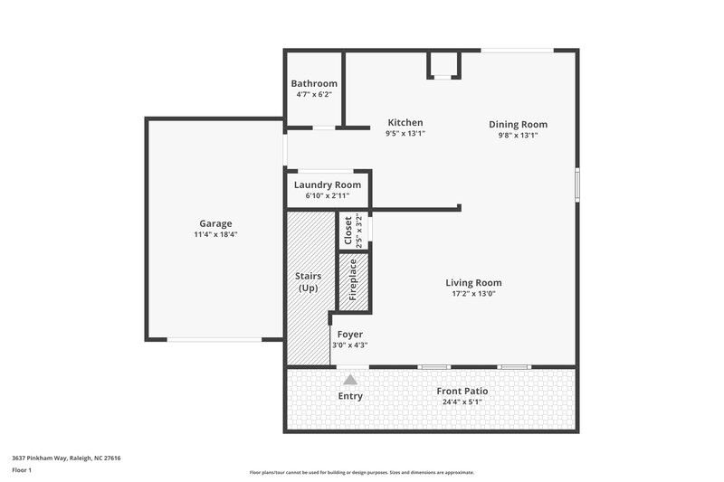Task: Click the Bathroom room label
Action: tap(314, 83)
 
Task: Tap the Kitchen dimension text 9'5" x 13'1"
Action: tap(405, 134)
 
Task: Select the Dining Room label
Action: tap(518, 125)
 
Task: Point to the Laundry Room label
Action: tap(327, 184)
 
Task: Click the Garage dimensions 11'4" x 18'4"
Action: tap(215, 234)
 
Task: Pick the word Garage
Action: tap(215, 223)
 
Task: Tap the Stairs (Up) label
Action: tap(309, 281)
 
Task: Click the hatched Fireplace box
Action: tap(353, 280)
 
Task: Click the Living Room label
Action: tap(473, 282)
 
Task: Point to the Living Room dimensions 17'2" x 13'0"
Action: tap(473, 293)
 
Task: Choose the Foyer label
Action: tap(349, 334)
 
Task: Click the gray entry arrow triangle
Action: tap(350, 380)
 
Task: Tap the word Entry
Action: tap(350, 396)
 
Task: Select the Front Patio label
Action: tap(462, 391)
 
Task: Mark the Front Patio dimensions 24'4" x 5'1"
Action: tap(462, 402)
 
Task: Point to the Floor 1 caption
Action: tap(23, 470)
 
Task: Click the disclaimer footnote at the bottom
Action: tap(361, 472)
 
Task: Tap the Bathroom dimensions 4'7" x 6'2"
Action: tap(314, 94)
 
